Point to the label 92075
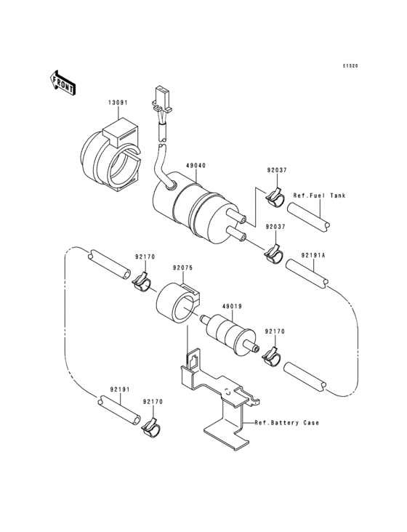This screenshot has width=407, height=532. [x=182, y=267]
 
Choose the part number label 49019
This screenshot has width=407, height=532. [x=230, y=306]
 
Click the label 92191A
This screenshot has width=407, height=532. [x=313, y=256]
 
